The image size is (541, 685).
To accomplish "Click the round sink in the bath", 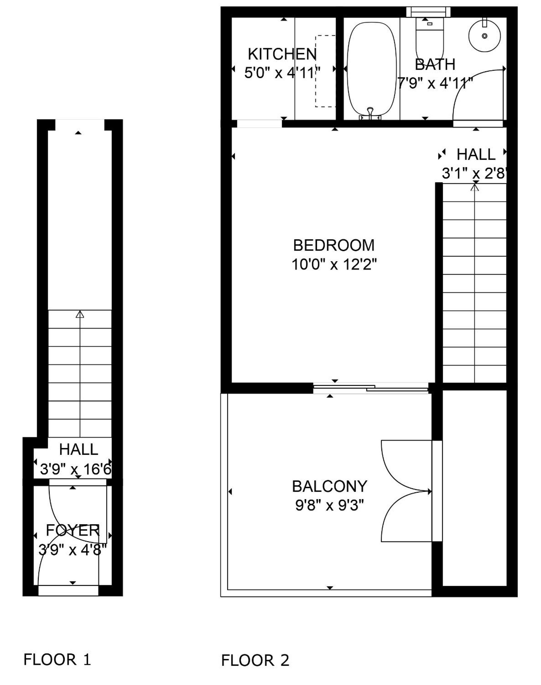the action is coord(484,36).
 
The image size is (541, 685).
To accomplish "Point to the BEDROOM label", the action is coord(334,245).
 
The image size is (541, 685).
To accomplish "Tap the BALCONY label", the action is coord(329,486).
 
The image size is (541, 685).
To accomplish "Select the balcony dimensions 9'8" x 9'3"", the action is coord(329,505).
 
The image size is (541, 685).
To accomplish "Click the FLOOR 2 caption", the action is coord(255,649).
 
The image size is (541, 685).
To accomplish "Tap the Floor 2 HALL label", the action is coord(476,154).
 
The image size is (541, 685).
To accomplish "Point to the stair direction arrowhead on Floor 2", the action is coord(474,188).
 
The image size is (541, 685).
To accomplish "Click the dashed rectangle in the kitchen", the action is coord(325,71).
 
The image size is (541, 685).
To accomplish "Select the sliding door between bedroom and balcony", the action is coord(371,388).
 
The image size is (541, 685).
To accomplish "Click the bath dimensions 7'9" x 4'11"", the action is coord(435,84).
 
